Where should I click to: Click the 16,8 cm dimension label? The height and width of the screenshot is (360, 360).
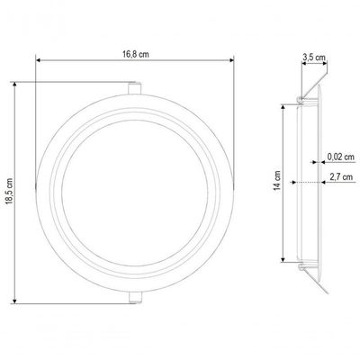[x=135, y=54]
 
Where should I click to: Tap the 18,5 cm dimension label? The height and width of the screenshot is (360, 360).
[x=9, y=191]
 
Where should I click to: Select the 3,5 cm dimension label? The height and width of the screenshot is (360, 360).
[x=314, y=57]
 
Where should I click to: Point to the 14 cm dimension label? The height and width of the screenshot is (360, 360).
[x=277, y=181]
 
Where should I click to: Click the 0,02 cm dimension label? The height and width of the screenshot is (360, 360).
[x=340, y=157]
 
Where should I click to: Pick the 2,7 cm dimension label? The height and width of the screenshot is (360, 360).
[x=341, y=177]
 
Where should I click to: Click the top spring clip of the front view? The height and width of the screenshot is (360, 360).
[x=135, y=87]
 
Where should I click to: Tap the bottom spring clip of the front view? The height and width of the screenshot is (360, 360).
[x=135, y=297]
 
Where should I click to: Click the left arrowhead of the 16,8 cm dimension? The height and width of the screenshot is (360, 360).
[x=38, y=60]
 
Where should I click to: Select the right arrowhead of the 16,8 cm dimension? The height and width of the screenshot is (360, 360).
[x=231, y=60]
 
